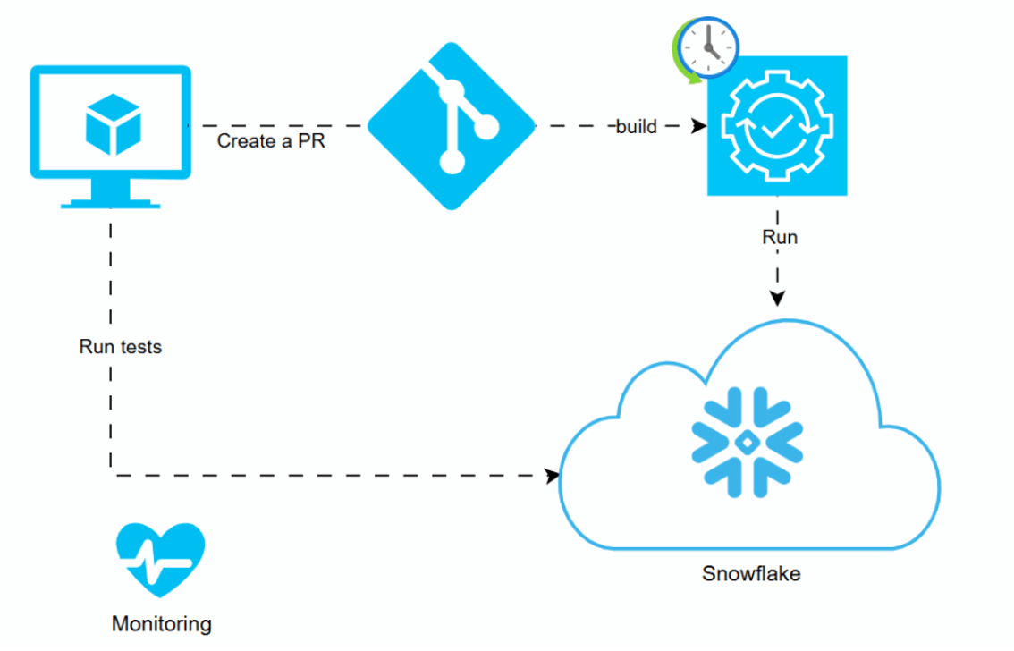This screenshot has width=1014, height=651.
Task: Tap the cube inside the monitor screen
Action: coord(113,124)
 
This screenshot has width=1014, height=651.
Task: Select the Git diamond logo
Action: coord(452,126)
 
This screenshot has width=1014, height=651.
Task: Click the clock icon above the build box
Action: coord(709,45)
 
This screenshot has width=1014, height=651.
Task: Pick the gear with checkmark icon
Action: coord(776,125)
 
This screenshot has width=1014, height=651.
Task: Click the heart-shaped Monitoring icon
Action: coord(161,560)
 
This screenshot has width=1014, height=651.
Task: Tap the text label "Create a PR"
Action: coord(270,141)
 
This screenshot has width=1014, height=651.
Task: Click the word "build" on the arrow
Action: coord(637,127)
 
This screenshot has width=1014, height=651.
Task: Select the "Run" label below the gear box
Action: coord(779,238)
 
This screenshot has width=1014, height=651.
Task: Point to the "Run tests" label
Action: coord(121,347)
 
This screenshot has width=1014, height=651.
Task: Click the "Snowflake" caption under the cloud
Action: coord(751,573)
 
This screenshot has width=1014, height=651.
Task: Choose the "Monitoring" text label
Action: coord(162,623)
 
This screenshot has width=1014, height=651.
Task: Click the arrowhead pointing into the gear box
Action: coord(698,126)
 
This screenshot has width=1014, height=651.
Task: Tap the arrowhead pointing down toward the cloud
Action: coord(777,299)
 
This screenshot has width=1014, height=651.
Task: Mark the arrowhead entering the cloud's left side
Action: coord(551,476)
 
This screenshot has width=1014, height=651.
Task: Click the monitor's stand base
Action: coord(111,202)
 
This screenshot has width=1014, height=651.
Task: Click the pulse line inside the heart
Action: coord(161,563)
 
